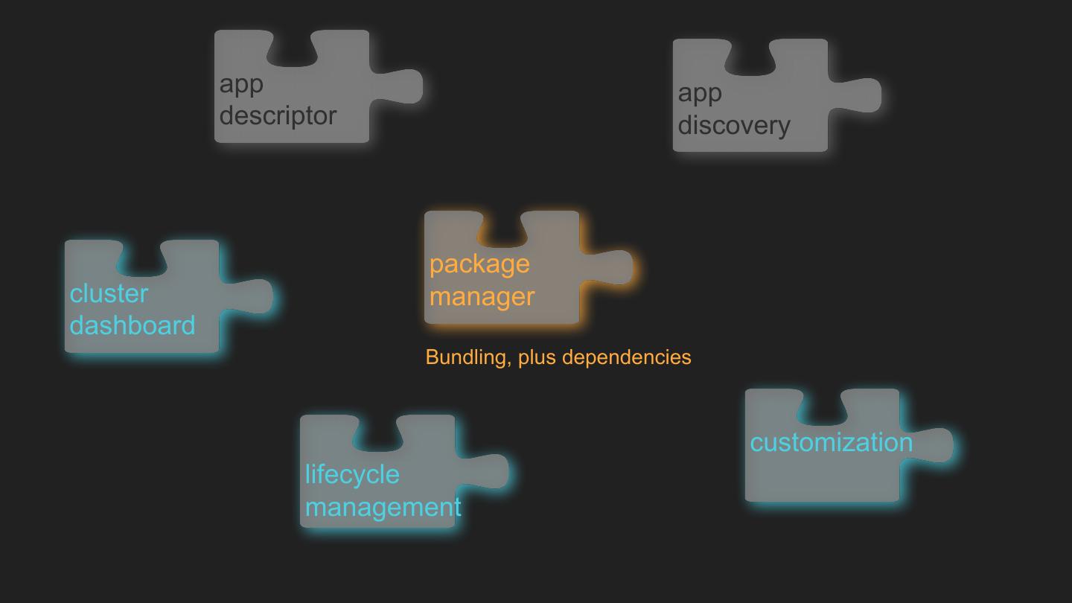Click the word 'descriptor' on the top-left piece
278,116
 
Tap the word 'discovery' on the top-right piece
733,125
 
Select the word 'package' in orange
479,264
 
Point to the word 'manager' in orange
482,296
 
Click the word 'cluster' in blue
109,293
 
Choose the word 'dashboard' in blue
133,325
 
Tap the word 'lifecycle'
352,474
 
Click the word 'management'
383,507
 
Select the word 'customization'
831,442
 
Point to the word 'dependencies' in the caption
626,357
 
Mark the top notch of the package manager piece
502,228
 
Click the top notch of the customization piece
823,406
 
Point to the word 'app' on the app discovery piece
699,93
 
